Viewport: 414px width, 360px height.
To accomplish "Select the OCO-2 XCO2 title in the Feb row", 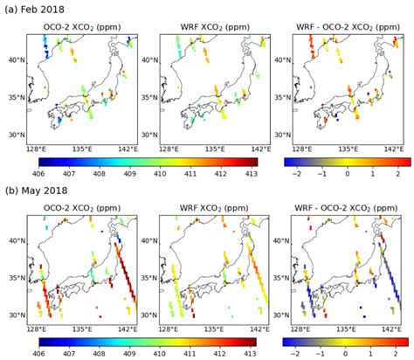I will tap(82, 27).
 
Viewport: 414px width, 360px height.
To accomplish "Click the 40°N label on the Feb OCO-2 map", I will tap(14, 60).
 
